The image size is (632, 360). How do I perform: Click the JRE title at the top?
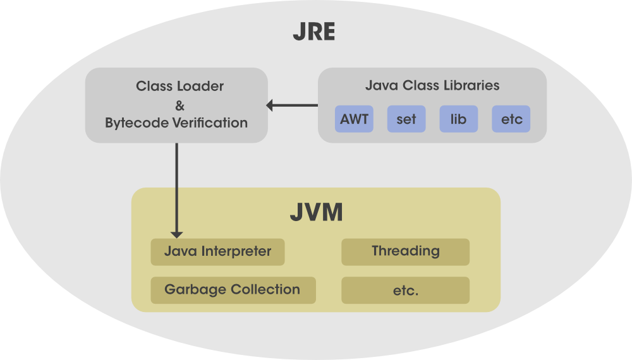point(313,32)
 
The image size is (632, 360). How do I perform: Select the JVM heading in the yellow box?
point(316,212)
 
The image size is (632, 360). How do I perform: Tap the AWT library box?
point(354,119)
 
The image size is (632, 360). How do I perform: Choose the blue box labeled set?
point(406,119)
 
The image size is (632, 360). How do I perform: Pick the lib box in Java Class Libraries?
point(458,119)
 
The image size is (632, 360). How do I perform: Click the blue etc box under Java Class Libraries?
point(511,119)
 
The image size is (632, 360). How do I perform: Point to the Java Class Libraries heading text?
point(432,85)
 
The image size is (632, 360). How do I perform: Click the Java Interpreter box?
point(217,251)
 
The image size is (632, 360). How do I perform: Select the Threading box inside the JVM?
point(405,251)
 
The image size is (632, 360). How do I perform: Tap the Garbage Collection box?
point(232,290)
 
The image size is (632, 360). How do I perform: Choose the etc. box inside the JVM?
point(405,291)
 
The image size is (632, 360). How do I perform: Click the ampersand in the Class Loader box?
point(179,104)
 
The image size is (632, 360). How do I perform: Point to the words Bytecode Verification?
point(176,123)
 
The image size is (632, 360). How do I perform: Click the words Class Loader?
point(180,86)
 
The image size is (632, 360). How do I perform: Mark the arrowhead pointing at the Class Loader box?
point(270,105)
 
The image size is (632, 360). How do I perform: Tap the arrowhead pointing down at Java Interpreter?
point(177,234)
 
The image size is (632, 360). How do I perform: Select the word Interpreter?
point(236,251)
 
